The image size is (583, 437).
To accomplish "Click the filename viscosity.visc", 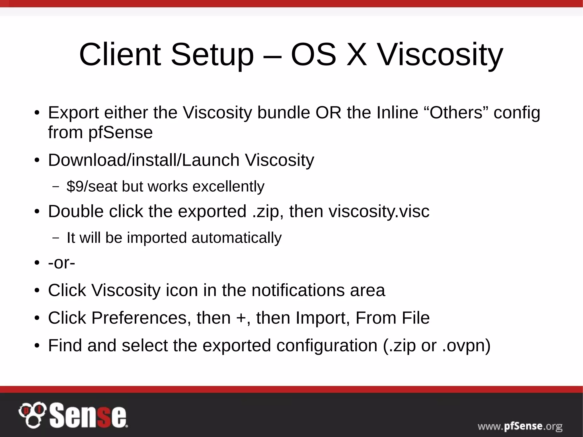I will click(379, 211).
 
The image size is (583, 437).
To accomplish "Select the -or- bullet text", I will click(61, 262).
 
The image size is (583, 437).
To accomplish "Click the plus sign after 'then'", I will click(241, 318).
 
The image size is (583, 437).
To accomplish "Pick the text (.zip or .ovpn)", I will click(437, 345).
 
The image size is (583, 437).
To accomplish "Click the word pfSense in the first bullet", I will click(120, 132).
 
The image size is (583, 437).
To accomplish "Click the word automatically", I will click(236, 238).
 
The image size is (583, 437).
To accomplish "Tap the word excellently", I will click(228, 186).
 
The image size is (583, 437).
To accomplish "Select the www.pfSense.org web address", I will click(520, 426).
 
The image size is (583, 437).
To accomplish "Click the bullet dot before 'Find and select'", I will click(36, 346).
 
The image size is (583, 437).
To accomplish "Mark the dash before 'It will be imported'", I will click(56, 238).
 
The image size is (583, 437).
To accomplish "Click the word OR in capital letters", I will click(328, 112).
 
